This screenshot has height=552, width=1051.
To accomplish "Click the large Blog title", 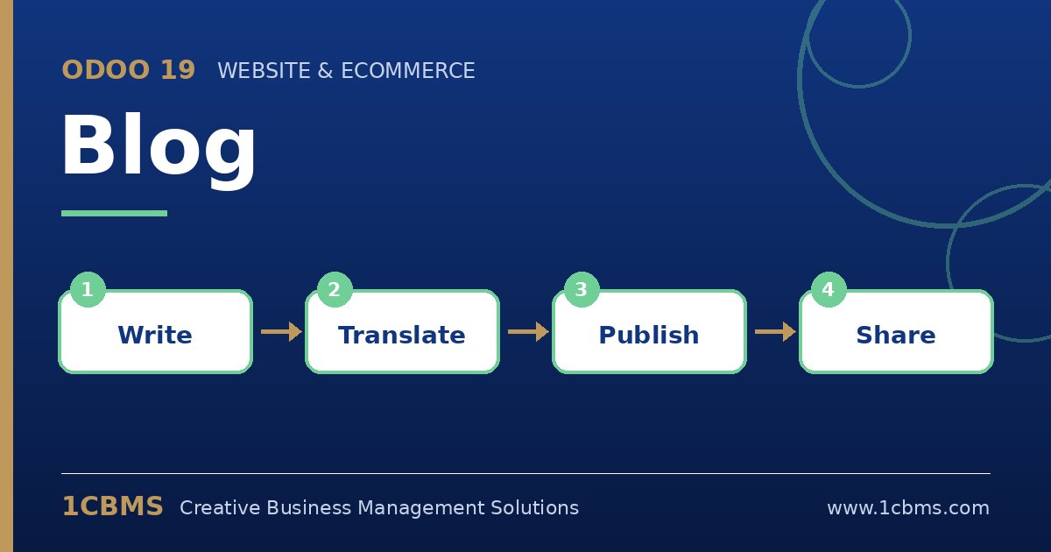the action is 159,149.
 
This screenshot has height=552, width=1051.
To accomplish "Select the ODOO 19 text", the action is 129,70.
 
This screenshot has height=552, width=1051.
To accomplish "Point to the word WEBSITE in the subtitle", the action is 264,71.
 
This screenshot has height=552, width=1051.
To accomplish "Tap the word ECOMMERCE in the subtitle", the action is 408,71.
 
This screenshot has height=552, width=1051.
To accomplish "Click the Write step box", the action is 155,332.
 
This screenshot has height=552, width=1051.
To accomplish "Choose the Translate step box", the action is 402,332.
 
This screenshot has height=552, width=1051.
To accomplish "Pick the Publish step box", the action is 649,332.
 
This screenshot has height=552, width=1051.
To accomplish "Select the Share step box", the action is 896,332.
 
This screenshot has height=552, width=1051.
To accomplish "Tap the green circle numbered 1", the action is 88,290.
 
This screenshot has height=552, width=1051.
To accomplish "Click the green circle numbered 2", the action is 335,290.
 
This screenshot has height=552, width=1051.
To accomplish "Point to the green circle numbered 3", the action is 582,290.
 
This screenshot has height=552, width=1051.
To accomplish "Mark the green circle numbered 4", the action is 829,290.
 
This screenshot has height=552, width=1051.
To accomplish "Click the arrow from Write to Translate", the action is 281,332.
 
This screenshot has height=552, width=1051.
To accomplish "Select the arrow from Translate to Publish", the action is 528,332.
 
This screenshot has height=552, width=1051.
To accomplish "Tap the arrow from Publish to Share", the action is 775,332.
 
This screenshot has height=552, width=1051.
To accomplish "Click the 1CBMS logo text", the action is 113,506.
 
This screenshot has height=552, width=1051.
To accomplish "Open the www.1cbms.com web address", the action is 908,508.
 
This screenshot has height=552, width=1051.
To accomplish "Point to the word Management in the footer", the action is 421,508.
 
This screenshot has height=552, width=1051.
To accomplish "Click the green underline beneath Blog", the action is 114,214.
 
